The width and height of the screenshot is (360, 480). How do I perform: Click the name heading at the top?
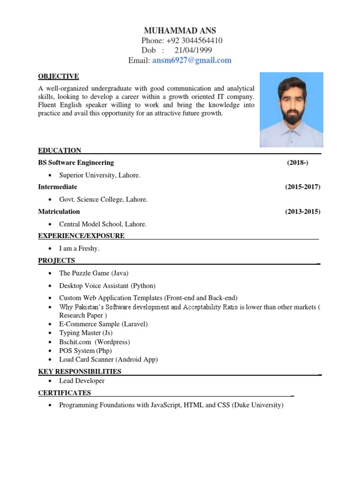point(180,31)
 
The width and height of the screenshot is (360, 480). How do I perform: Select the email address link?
point(192,60)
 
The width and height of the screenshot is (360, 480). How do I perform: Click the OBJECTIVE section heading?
point(59,76)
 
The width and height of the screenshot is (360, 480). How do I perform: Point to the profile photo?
point(292,110)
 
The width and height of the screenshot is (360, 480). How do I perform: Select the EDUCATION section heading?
point(60,150)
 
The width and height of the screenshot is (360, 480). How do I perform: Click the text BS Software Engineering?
point(76,163)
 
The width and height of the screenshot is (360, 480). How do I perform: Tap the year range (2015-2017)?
point(303,187)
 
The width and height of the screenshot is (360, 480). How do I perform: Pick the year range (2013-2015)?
point(303,211)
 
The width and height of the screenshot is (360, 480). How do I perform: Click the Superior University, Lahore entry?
point(99,175)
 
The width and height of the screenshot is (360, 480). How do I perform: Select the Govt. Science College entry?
point(103,200)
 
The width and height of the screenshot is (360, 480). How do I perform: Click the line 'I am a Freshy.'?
point(79,248)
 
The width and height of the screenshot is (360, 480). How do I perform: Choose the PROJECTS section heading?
point(56,261)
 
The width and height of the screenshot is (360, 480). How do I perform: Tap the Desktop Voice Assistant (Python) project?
point(107,285)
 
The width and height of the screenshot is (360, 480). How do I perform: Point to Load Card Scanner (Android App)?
point(108,360)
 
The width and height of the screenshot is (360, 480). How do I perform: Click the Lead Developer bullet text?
point(82,381)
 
